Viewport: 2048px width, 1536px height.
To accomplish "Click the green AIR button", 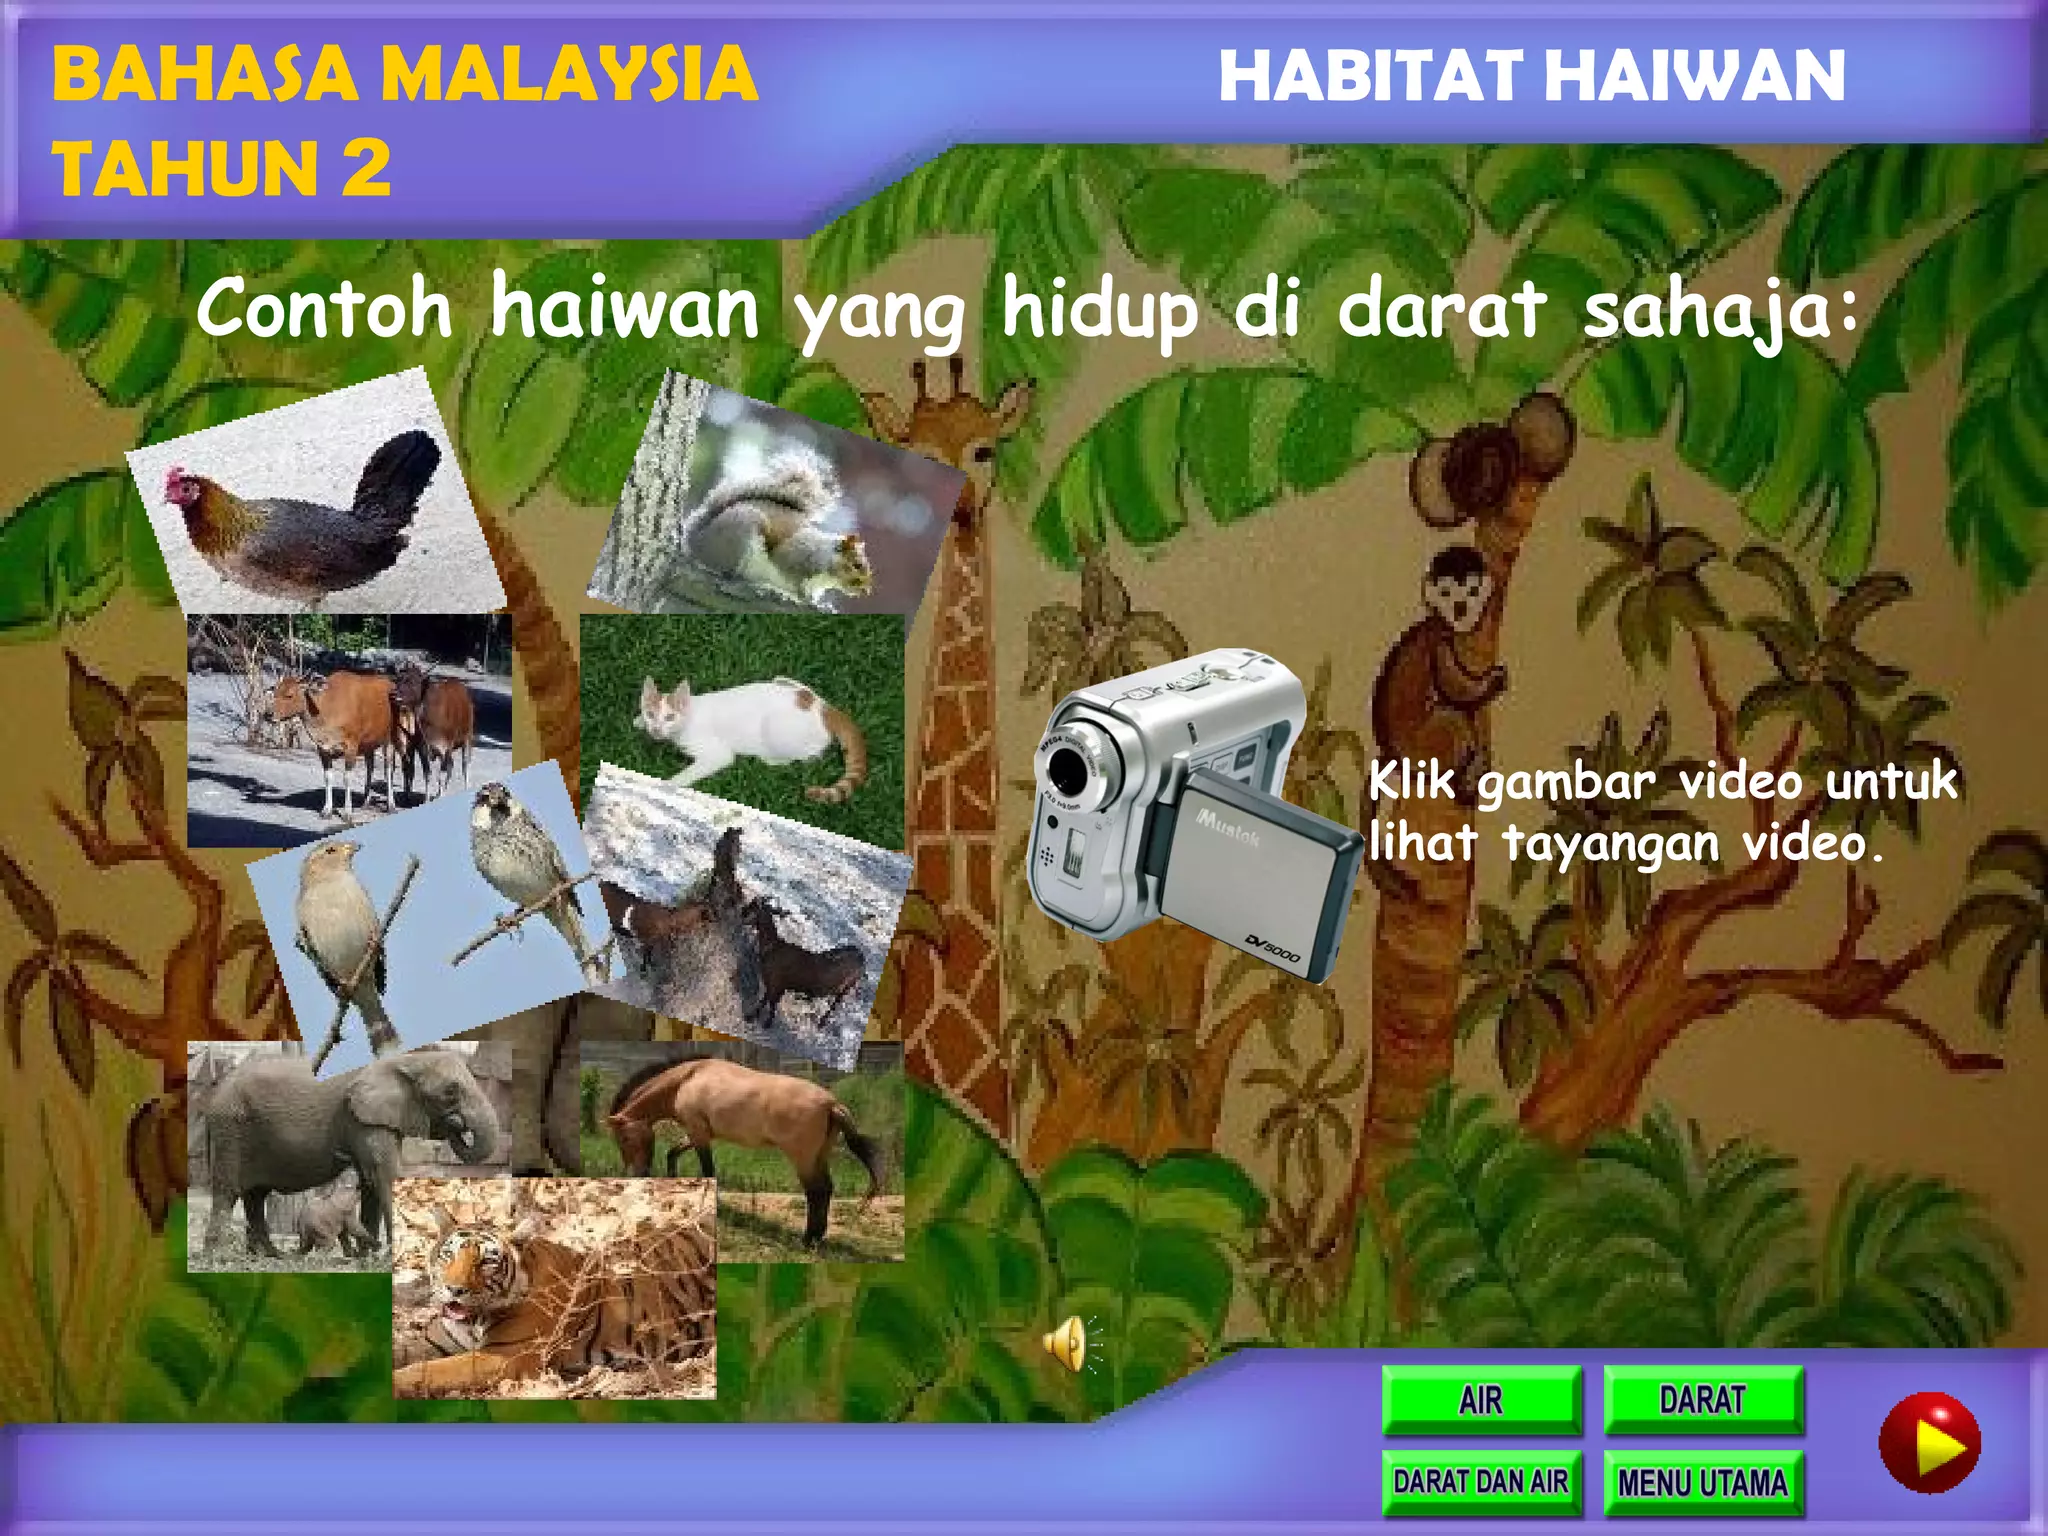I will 1481,1399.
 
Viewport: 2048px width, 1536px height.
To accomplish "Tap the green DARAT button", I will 1703,1399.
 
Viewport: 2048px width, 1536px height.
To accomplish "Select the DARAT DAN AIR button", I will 1481,1481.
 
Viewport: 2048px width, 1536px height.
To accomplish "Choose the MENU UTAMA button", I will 1703,1482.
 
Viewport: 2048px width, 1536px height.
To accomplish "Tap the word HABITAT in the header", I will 1370,76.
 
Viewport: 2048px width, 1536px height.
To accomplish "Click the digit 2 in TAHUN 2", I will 365,168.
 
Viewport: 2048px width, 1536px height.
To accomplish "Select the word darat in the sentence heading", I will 1440,309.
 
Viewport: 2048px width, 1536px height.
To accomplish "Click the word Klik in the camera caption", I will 1410,781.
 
